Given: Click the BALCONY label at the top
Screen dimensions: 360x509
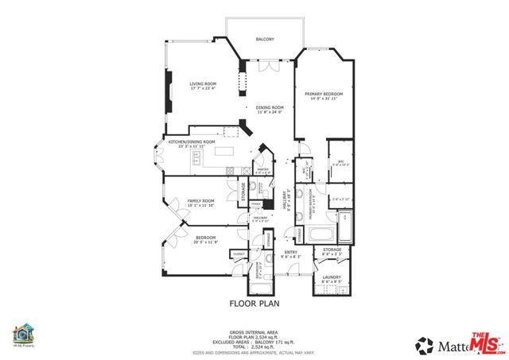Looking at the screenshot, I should [265, 39].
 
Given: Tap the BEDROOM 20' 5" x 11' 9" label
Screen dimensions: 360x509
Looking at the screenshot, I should [206, 238].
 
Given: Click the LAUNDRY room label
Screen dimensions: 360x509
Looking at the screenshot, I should [332, 279].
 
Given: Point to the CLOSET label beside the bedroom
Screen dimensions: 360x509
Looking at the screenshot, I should [239, 254].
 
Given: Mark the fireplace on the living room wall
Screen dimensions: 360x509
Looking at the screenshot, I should [168, 90].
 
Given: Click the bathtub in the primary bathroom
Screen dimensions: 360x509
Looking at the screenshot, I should [321, 234].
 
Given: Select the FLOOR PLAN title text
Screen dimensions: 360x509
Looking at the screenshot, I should [254, 303].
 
